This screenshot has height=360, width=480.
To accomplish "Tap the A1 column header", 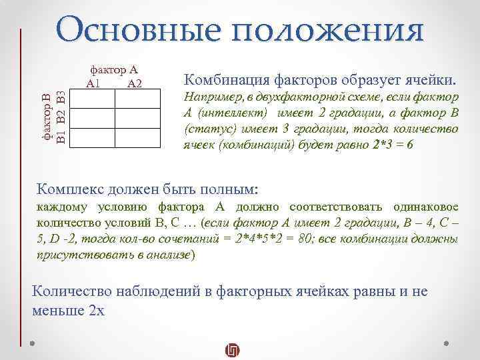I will (93, 83).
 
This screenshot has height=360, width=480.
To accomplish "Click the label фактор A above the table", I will (114, 69).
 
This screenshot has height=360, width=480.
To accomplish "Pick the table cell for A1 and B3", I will (93, 99).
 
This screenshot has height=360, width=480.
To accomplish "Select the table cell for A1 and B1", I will (93, 137).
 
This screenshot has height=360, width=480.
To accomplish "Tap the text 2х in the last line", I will (97, 310).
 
